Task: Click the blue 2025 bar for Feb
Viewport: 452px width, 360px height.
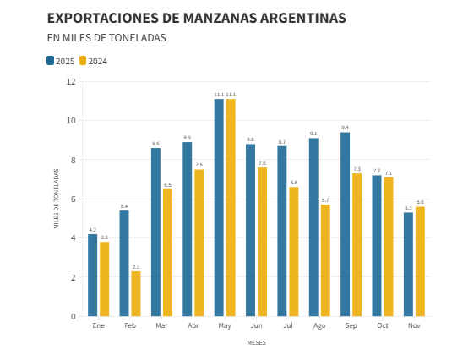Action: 124,263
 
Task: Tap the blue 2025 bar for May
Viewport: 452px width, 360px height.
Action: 219,207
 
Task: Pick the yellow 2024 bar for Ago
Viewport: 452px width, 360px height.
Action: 325,260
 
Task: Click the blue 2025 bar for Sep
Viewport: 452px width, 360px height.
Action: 345,224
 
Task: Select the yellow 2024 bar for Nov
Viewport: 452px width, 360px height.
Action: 420,261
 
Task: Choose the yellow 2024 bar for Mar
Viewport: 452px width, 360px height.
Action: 167,253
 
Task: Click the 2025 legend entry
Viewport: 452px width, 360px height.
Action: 61,61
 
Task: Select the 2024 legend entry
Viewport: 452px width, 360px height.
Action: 94,61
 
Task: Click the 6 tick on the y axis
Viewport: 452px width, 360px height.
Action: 74,199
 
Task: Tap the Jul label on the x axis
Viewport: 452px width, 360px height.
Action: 288,326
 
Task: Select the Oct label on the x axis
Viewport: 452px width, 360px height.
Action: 383,326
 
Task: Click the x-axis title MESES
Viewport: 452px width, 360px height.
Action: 256,343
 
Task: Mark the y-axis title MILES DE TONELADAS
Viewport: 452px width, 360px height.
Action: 57,199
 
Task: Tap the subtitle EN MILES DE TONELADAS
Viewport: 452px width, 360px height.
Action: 106,38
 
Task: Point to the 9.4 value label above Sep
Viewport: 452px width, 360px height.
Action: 345,128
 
